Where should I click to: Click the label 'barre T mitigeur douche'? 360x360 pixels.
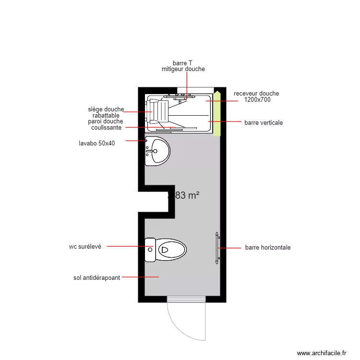[183, 66]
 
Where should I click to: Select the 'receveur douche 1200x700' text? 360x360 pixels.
[256, 96]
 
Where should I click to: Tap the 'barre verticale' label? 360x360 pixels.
[264, 123]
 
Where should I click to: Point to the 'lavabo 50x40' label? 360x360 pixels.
[97, 143]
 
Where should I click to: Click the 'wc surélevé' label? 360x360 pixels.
[85, 247]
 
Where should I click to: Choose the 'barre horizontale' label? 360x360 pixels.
[267, 248]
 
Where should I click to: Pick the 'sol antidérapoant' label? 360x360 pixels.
[96, 277]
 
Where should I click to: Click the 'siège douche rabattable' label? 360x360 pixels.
[106, 112]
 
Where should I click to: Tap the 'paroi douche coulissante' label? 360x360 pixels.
[106, 124]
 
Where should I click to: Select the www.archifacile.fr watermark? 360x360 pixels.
[321, 353]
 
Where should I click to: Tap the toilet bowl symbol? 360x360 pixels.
[171, 250]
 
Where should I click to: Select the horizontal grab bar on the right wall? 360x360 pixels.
[217, 248]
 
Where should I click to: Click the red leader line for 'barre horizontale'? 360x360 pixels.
[230, 248]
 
